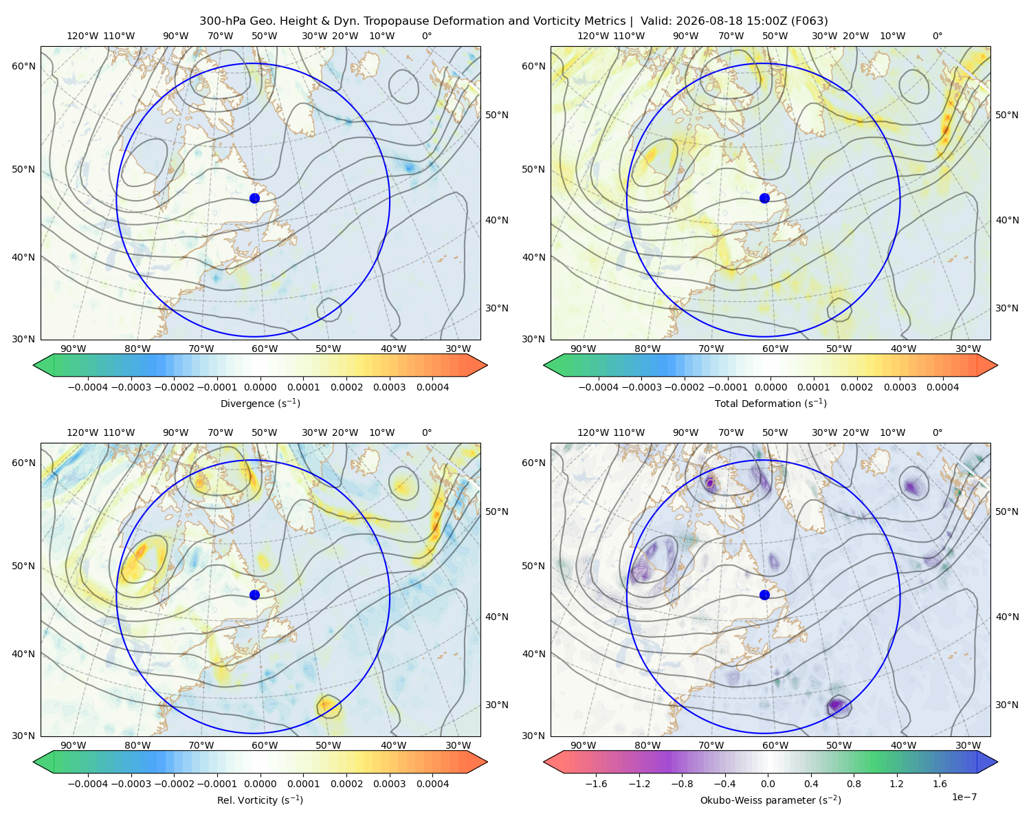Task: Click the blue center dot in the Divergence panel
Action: (254, 198)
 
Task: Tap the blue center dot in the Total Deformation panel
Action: (764, 198)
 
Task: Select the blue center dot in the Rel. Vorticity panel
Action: (254, 595)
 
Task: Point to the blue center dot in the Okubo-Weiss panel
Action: (764, 595)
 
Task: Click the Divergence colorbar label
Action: (260, 403)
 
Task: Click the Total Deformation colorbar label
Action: (771, 403)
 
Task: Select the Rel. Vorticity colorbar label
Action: (260, 800)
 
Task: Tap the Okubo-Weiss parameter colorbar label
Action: (771, 800)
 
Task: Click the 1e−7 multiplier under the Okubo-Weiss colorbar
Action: (964, 797)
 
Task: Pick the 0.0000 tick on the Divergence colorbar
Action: (260, 387)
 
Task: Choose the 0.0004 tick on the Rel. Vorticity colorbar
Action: (432, 783)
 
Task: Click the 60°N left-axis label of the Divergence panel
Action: (23, 66)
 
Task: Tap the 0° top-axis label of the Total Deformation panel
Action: (938, 36)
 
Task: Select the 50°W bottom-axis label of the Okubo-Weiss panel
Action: (839, 745)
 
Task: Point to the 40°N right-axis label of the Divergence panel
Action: (497, 220)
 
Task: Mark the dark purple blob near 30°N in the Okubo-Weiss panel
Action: (836, 705)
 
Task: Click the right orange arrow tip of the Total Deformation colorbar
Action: (997, 365)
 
